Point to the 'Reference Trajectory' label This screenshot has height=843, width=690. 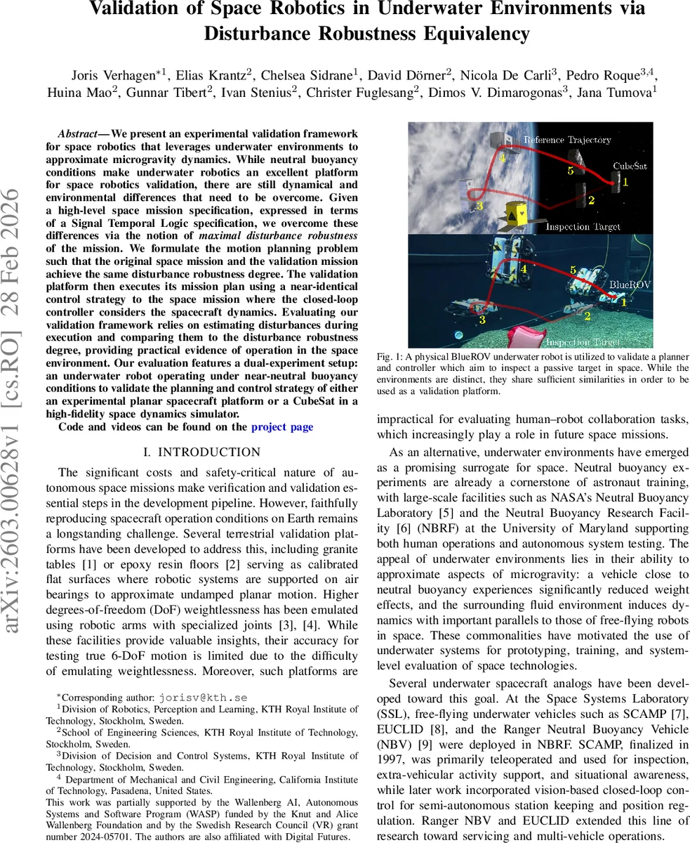coord(567,140)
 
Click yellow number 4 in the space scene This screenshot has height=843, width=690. coord(503,159)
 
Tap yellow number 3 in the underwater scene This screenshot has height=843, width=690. coord(482,320)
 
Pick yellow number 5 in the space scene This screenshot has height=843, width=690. coord(571,170)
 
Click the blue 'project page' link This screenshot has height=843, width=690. coord(282,426)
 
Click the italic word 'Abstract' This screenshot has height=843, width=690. coord(77,133)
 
